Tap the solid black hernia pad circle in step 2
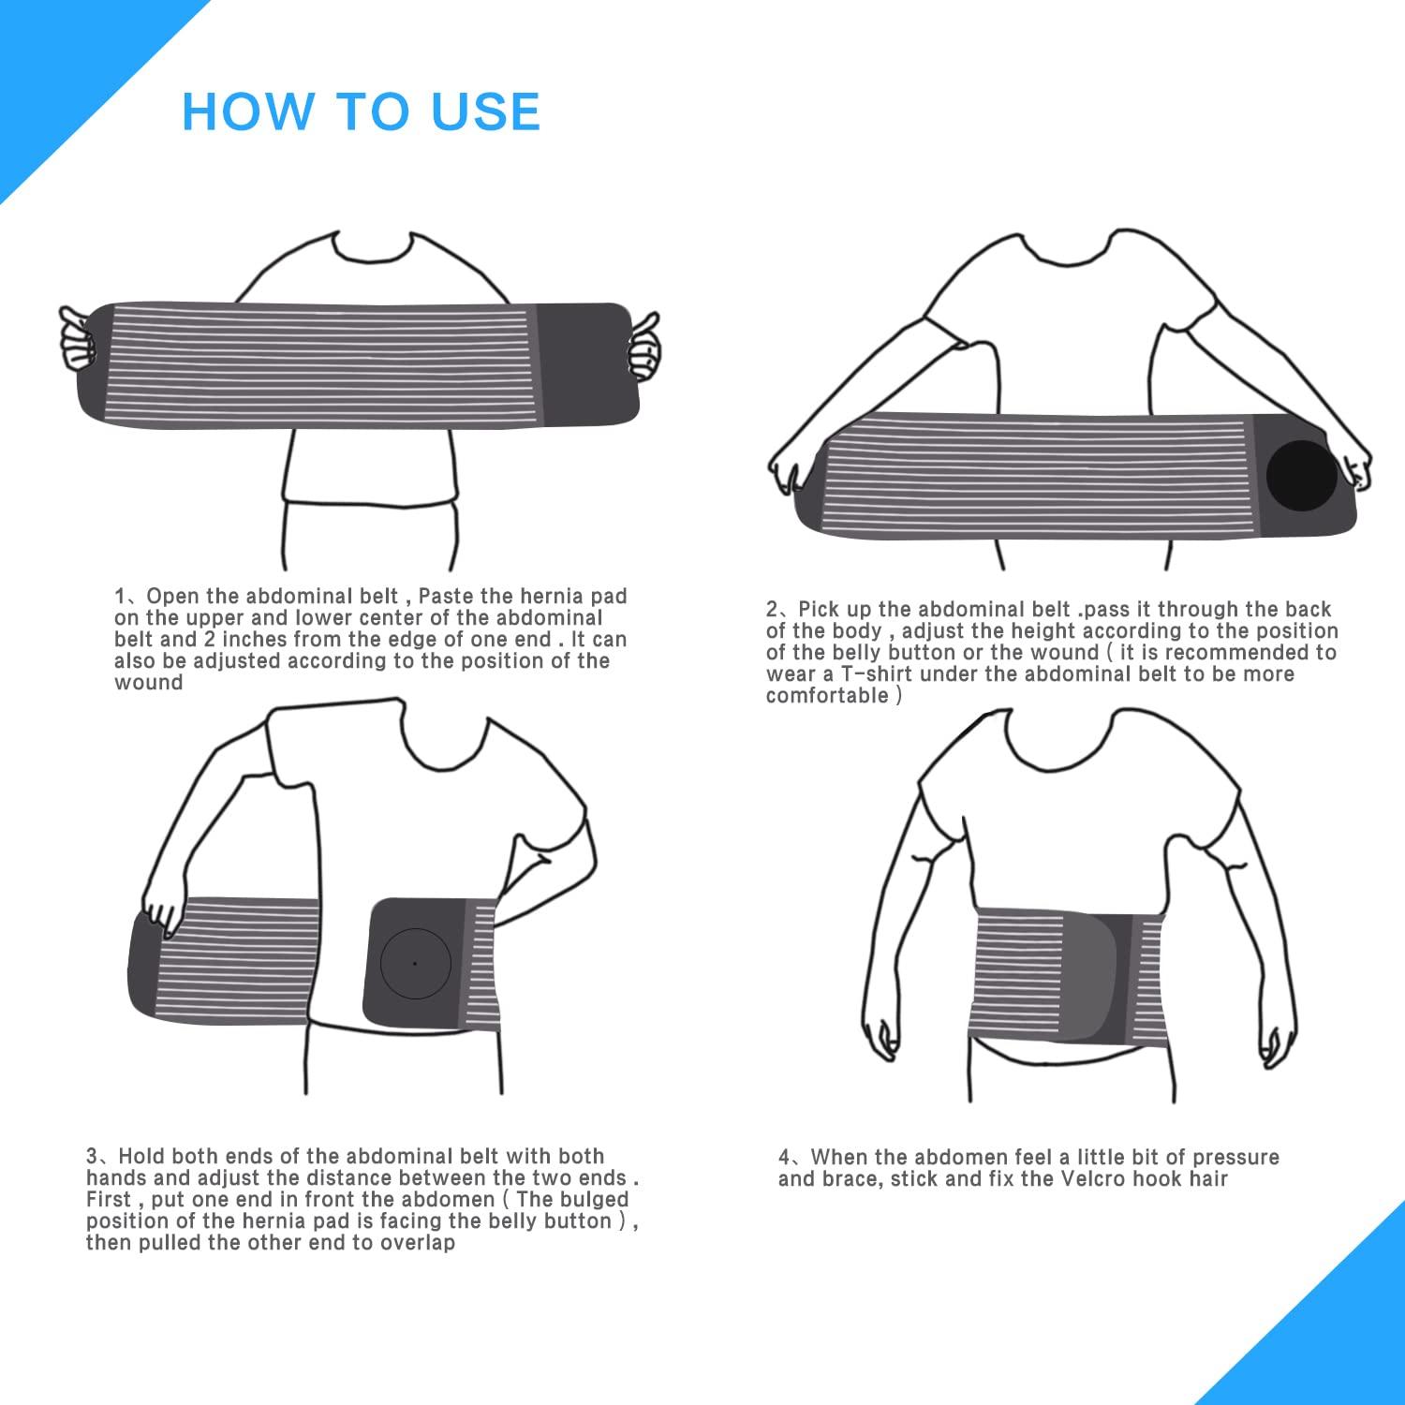(x=1301, y=474)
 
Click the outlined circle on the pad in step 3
(x=415, y=962)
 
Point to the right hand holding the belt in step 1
(x=643, y=347)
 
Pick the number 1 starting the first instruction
(x=120, y=597)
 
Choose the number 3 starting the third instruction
(x=92, y=1157)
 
